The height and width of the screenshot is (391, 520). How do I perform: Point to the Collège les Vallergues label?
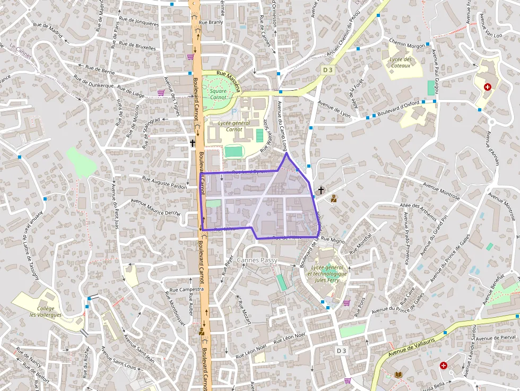[46, 311]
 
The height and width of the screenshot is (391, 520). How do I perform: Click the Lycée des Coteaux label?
[400, 63]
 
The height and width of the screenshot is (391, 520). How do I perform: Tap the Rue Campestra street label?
[186, 290]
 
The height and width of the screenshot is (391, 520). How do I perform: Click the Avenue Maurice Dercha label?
[155, 207]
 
